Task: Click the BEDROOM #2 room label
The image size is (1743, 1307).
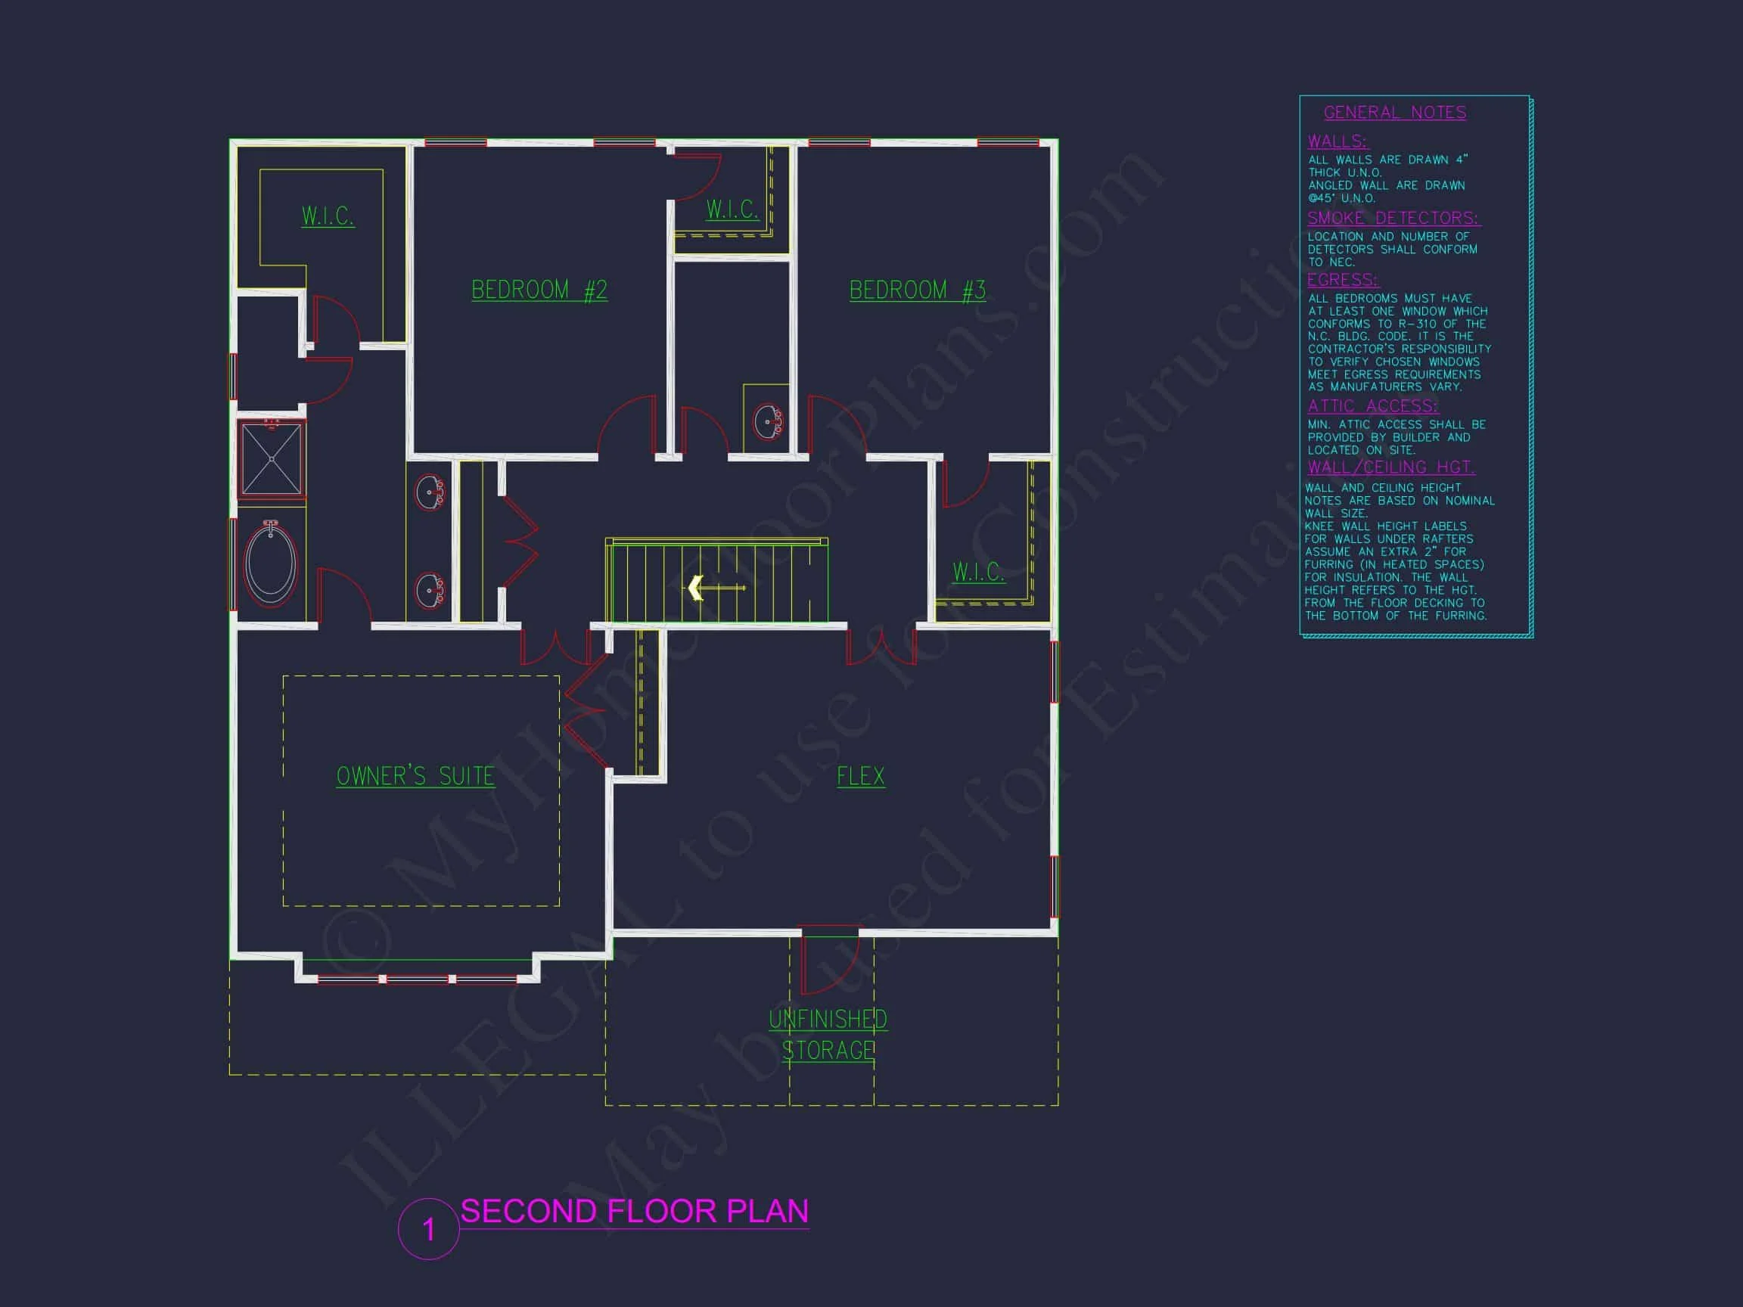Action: [x=539, y=290]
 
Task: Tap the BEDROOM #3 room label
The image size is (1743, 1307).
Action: [x=917, y=290]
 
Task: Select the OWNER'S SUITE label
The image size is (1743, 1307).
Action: [x=415, y=776]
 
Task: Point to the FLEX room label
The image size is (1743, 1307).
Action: [x=860, y=776]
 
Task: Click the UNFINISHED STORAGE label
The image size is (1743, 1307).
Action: [x=828, y=1035]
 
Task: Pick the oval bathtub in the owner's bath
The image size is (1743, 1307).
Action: [x=271, y=563]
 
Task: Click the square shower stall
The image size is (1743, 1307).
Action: [x=272, y=459]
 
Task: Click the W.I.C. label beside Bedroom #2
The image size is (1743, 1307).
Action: [x=732, y=210]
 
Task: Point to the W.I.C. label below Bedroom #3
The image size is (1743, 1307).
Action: [x=978, y=571]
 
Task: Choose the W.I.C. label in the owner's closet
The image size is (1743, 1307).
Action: [x=328, y=216]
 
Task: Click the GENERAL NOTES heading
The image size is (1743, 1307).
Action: [x=1395, y=113]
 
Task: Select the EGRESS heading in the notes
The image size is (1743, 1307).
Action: [x=1343, y=281]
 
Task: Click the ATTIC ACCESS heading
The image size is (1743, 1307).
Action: [x=1372, y=405]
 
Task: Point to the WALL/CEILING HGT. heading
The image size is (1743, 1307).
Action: [x=1391, y=467]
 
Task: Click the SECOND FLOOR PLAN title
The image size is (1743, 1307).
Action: [x=634, y=1212]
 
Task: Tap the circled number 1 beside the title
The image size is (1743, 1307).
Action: [x=429, y=1229]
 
